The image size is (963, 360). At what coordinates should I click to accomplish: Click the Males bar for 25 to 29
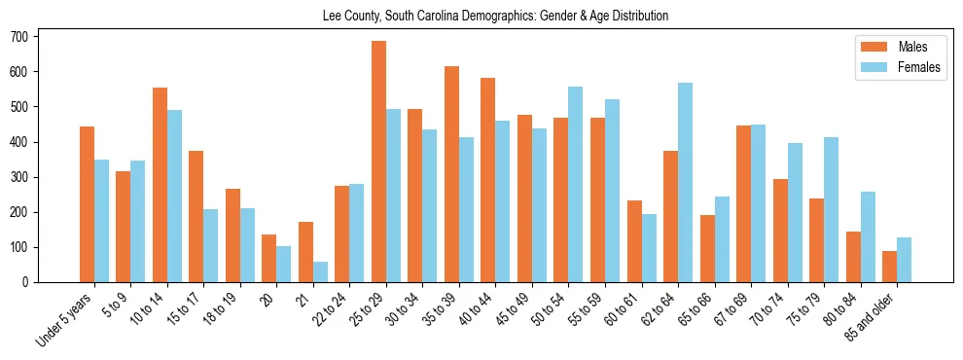click(x=378, y=162)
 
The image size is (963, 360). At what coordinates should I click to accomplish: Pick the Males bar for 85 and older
click(x=889, y=267)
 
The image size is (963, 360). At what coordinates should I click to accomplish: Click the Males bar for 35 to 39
click(x=451, y=174)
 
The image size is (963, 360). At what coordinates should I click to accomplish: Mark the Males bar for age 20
click(x=269, y=258)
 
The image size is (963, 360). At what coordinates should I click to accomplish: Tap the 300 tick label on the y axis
click(x=25, y=177)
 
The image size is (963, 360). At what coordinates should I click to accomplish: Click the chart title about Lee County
click(x=495, y=16)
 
